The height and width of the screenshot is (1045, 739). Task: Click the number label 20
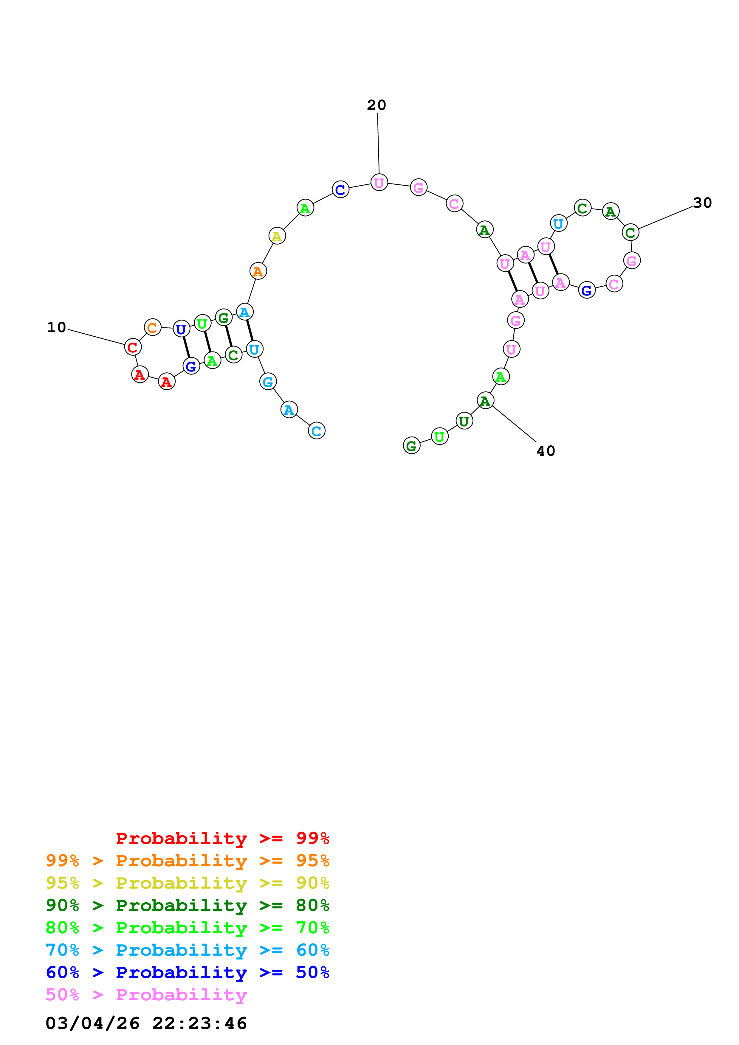point(376,105)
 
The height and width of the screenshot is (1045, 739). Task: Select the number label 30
point(702,203)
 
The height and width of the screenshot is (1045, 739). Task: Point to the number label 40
point(546,451)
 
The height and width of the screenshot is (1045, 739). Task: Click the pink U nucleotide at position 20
point(379,183)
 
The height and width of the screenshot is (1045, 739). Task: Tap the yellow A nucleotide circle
point(277,236)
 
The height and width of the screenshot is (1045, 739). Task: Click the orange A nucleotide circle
point(258,271)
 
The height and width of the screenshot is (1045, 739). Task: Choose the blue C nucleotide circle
point(340,189)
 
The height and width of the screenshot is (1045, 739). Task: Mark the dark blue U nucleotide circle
point(181,329)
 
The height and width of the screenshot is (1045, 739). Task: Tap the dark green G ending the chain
point(411,446)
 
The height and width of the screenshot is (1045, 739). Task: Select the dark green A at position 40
point(485,401)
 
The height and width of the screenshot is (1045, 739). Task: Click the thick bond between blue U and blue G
point(186,347)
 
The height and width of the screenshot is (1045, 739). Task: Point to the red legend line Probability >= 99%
point(222,838)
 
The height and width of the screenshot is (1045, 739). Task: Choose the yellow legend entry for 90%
point(187,883)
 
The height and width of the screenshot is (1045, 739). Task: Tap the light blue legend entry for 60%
point(187,950)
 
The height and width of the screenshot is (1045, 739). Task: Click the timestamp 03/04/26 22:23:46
point(146,1023)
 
